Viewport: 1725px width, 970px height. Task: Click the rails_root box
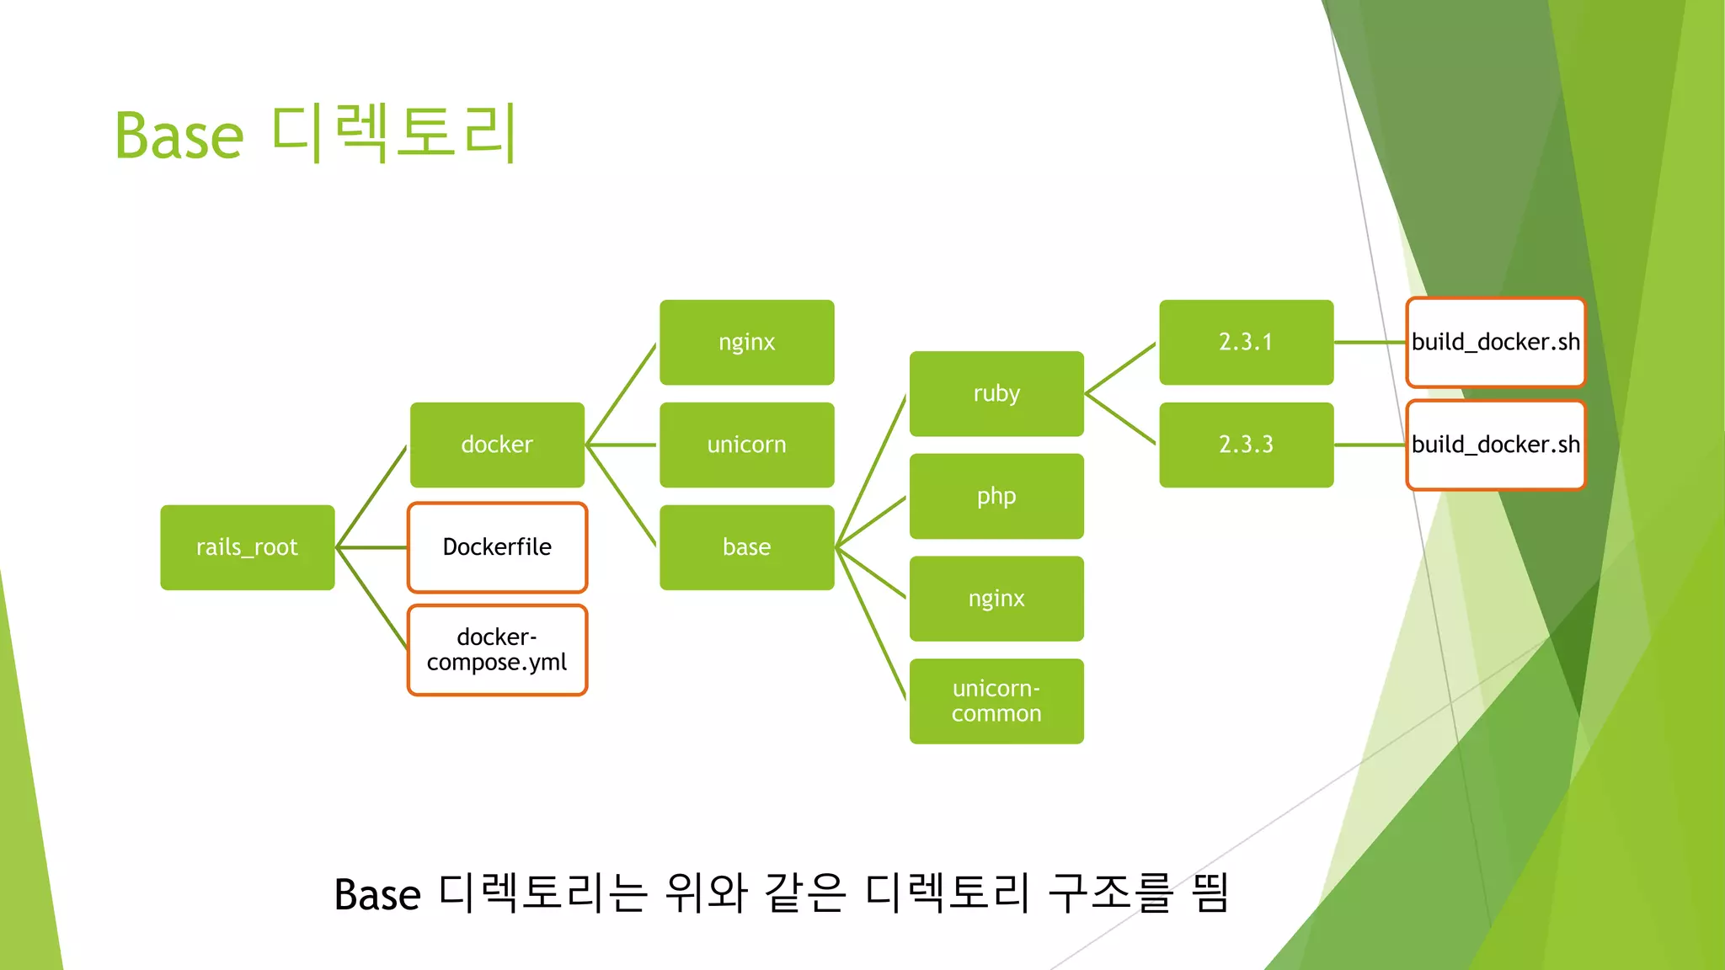[x=247, y=547]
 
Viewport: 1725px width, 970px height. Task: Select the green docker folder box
[x=497, y=445]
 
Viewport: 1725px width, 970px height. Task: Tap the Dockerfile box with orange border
[x=497, y=547]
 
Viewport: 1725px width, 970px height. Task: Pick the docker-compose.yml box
[x=497, y=650]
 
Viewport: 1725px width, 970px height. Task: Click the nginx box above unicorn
[x=746, y=342]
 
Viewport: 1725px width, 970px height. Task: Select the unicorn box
[x=746, y=445]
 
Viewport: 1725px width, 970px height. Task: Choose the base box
[x=746, y=547]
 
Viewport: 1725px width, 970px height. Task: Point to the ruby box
[x=996, y=393]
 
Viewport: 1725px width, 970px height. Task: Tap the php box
[x=996, y=496]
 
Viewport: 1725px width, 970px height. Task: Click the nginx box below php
[x=996, y=599]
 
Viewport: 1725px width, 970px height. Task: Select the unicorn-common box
[x=996, y=701]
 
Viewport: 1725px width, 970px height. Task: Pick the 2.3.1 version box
[x=1246, y=342]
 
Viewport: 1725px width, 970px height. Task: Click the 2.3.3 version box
[x=1246, y=445]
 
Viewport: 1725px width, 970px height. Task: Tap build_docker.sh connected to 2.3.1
[x=1495, y=342]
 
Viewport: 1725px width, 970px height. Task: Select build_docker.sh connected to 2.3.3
[x=1495, y=445]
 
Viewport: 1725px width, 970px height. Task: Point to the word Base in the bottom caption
[x=377, y=895]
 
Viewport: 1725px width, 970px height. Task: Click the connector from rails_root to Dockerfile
[x=372, y=547]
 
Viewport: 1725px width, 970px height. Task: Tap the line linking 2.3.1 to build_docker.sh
[x=1370, y=342]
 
